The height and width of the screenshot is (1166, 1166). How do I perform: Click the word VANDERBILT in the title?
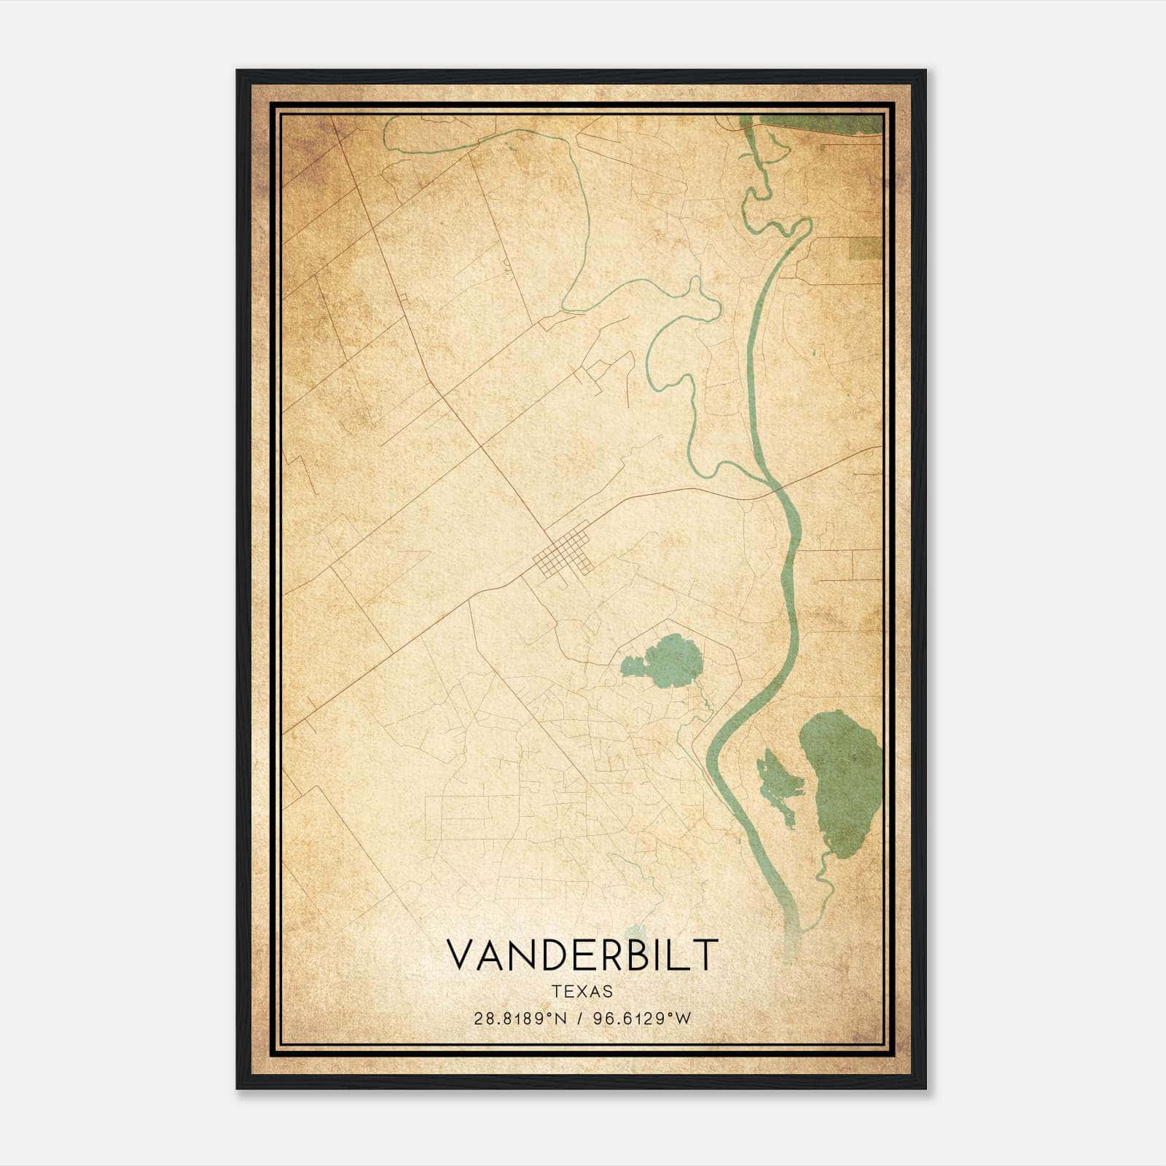click(582, 955)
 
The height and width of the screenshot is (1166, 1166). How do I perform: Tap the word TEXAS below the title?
click(582, 991)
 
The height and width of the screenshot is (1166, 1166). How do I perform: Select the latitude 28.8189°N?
click(520, 1019)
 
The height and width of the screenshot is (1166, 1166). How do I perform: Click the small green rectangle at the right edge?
click(865, 248)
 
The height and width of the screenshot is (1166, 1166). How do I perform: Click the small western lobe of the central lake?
click(632, 665)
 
